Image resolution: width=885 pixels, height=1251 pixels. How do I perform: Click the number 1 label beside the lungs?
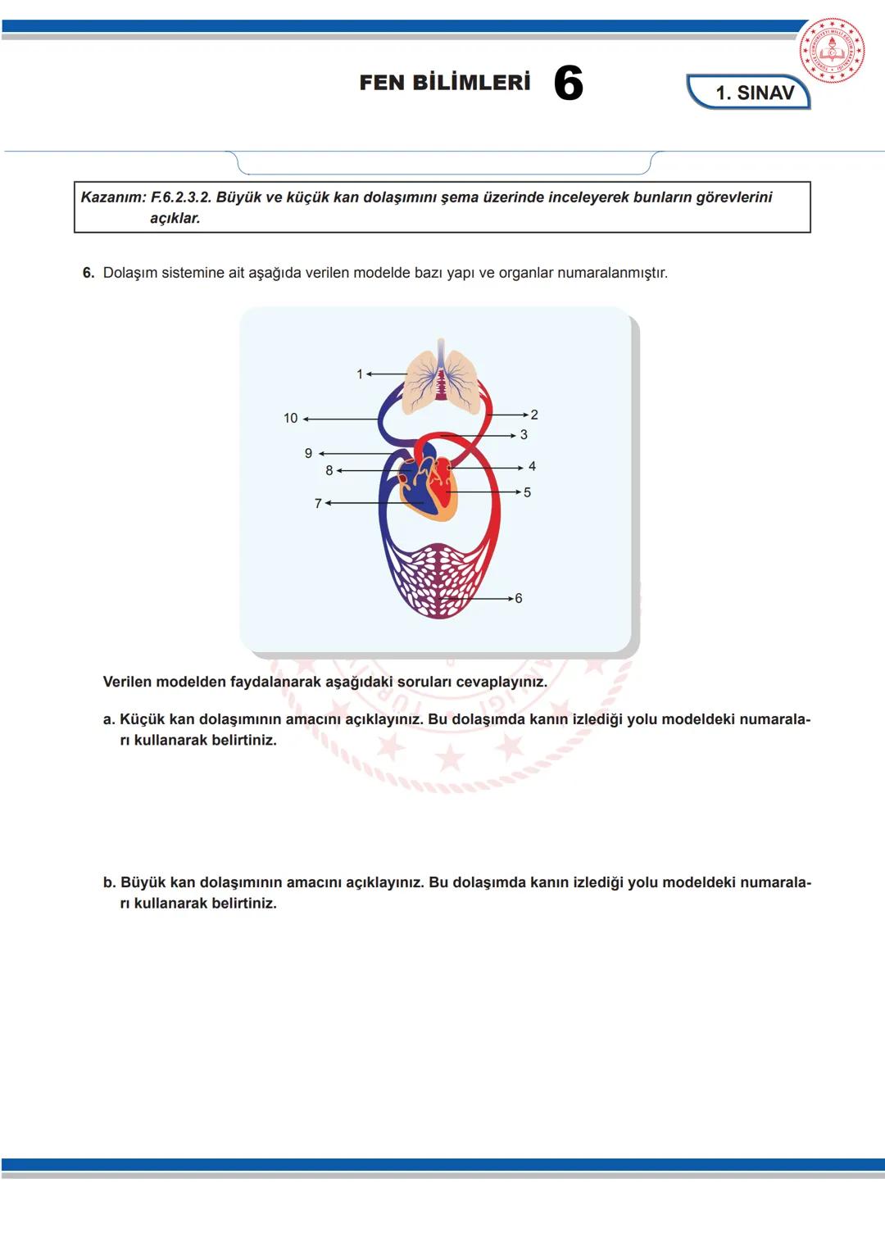click(x=360, y=374)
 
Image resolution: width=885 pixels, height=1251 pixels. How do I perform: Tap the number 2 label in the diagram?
click(x=534, y=415)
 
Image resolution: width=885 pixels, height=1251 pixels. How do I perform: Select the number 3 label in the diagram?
click(x=524, y=434)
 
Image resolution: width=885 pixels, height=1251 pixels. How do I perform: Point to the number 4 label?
click(x=532, y=466)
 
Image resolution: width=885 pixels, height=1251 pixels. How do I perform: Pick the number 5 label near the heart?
click(x=527, y=492)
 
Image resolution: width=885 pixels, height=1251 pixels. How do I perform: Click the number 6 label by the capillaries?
click(x=519, y=598)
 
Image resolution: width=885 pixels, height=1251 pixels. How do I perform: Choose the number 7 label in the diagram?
click(x=318, y=503)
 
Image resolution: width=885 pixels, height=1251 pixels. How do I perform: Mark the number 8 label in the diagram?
click(x=329, y=471)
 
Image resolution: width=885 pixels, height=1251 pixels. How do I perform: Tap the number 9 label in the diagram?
click(x=308, y=453)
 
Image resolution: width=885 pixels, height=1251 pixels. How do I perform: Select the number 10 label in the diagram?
click(x=291, y=419)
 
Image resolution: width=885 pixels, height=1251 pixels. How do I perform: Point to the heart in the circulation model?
click(x=428, y=483)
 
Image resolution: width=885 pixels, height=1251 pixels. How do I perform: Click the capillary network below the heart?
click(x=440, y=582)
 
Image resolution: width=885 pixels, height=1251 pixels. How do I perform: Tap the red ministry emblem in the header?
click(x=832, y=50)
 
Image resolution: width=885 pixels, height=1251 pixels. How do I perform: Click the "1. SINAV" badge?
click(x=749, y=92)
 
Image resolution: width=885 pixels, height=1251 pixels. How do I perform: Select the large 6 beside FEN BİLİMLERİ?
click(x=568, y=83)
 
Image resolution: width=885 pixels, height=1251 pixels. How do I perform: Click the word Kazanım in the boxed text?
click(x=113, y=197)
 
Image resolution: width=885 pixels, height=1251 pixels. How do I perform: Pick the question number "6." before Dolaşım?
click(x=88, y=273)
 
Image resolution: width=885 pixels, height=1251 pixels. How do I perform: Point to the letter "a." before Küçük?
click(x=109, y=719)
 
